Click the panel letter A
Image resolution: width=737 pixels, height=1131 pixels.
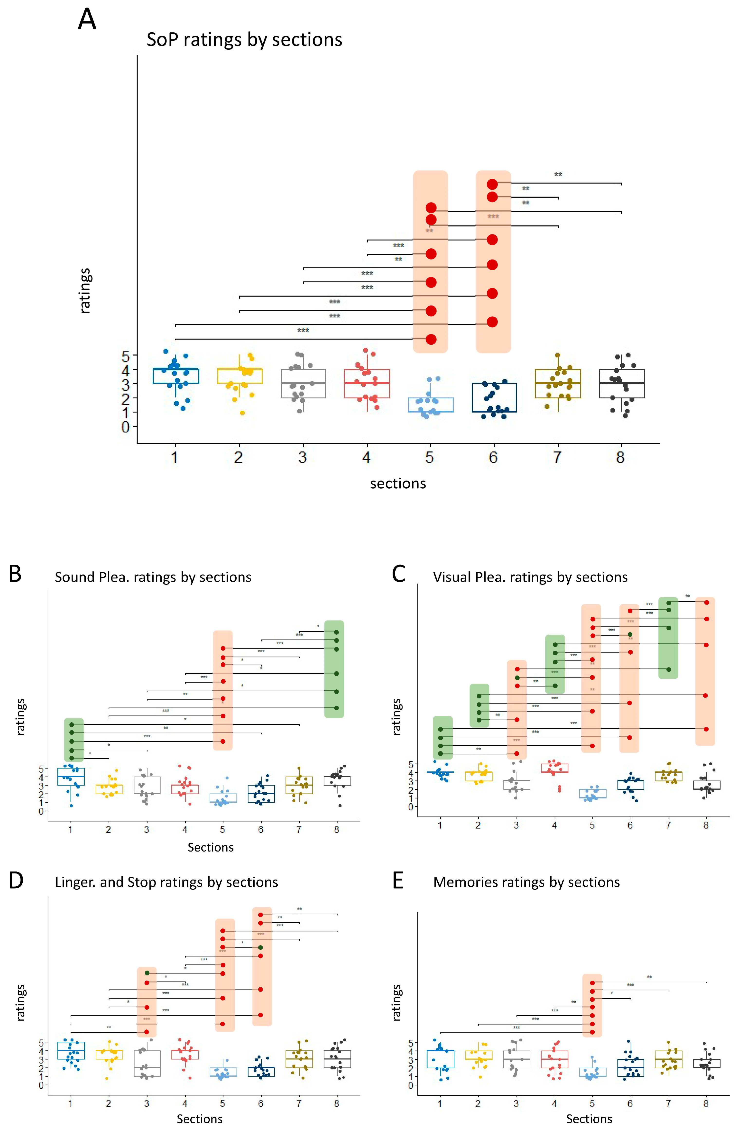pos(87,20)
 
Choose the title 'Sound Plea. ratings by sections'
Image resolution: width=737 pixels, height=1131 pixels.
pos(153,577)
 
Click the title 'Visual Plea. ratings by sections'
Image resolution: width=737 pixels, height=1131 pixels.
pos(530,577)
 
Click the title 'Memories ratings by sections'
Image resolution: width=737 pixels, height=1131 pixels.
pos(526,882)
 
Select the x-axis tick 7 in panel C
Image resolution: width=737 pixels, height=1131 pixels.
pos(668,825)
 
